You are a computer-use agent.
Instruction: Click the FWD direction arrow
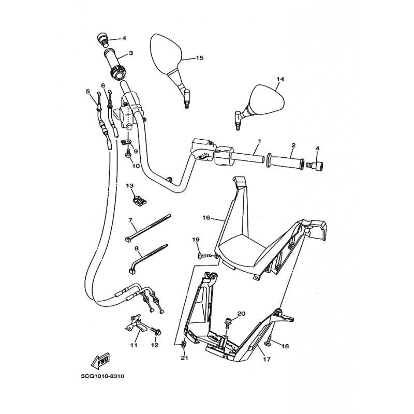(x=100, y=360)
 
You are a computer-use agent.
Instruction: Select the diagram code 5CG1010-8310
(x=102, y=376)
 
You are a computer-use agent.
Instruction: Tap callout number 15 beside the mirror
(x=200, y=57)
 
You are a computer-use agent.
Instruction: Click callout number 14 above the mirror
(x=280, y=79)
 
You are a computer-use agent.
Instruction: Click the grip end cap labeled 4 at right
(x=315, y=165)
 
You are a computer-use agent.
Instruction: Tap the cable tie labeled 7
(x=148, y=228)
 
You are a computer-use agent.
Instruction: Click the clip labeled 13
(x=139, y=202)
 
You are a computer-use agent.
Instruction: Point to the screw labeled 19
(x=204, y=256)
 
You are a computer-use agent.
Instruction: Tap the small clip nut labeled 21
(x=184, y=344)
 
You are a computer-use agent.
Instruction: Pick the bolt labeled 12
(x=156, y=331)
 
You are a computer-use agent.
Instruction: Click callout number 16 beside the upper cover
(x=206, y=217)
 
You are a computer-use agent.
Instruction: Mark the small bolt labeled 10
(x=128, y=154)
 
